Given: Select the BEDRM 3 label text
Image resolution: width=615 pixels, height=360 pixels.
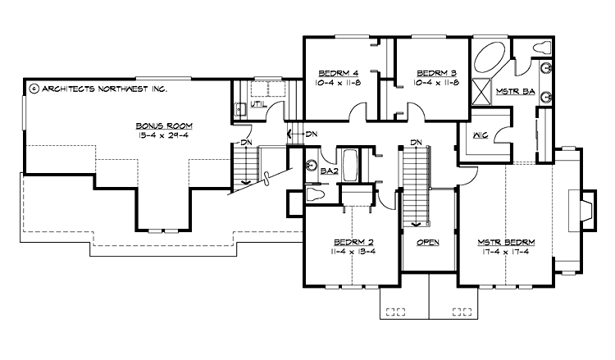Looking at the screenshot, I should (430, 71).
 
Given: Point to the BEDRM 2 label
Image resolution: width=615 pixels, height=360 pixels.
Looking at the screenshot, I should (353, 241).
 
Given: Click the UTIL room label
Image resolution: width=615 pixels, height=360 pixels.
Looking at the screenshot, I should (259, 105).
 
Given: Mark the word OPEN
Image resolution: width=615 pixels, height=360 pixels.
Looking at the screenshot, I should (428, 242).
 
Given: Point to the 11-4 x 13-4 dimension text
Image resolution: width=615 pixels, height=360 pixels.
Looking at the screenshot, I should (353, 251).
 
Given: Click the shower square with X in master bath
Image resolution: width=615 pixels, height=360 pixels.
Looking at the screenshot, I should (483, 91).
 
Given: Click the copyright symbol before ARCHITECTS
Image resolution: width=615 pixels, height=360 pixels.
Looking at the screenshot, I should (33, 86).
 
